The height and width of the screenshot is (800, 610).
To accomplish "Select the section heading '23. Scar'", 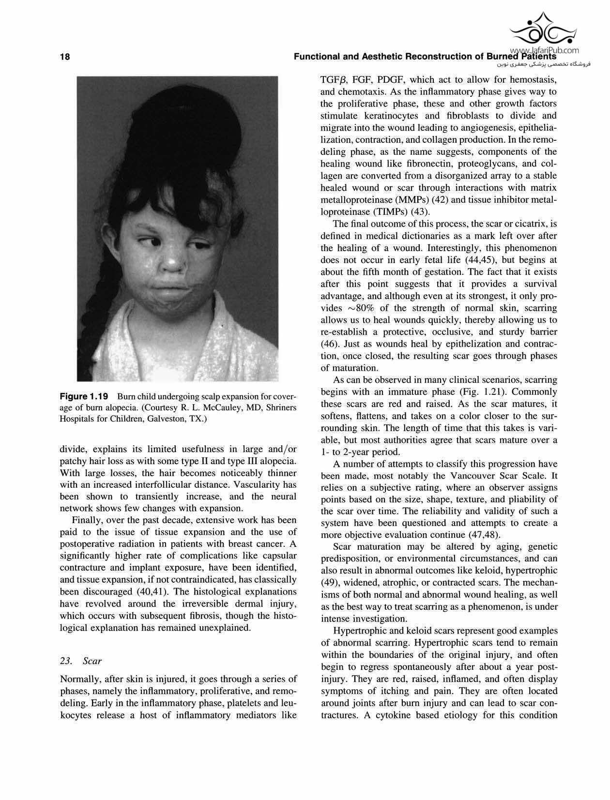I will coord(80,661).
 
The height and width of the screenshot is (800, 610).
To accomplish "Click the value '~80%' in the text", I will coord(364,308).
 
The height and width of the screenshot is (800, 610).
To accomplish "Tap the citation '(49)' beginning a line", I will coord(330,583).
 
